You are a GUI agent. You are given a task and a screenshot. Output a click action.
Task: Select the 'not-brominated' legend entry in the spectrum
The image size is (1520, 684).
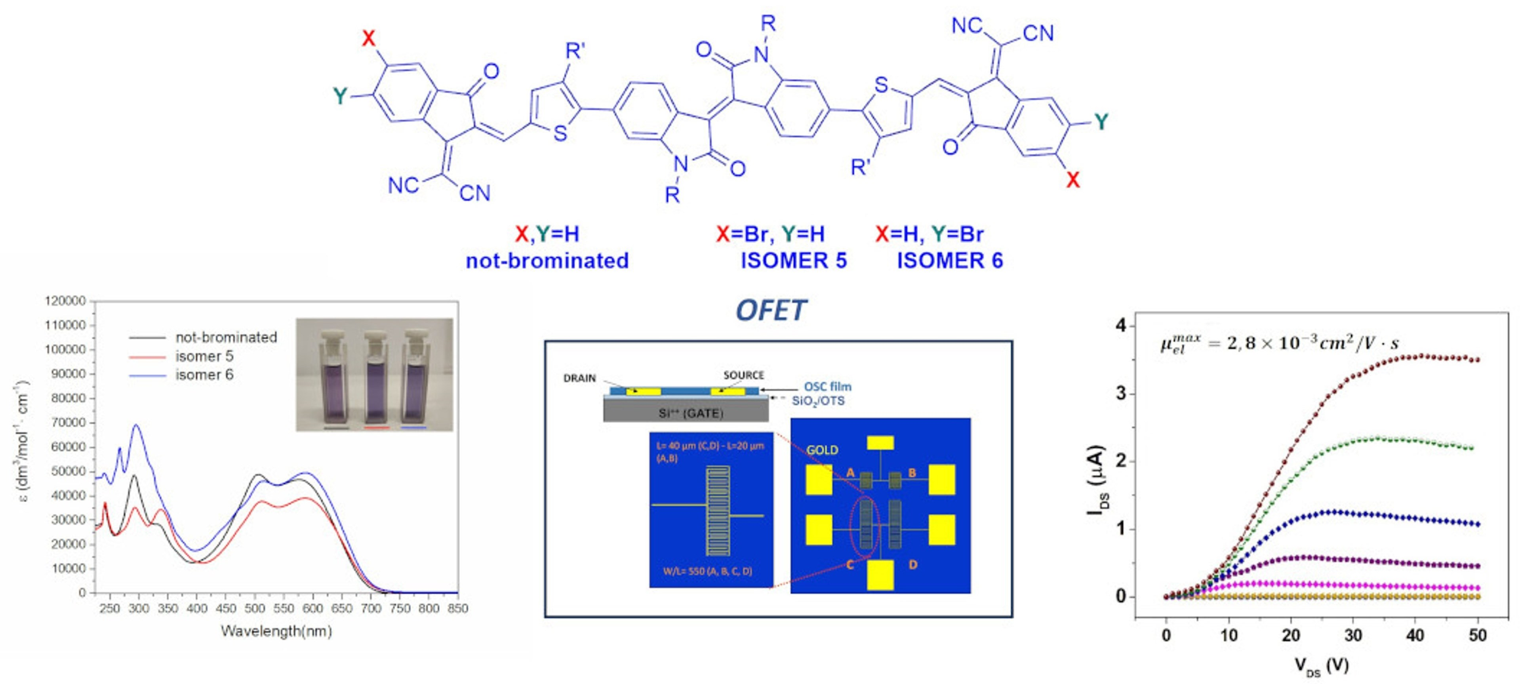click(226, 337)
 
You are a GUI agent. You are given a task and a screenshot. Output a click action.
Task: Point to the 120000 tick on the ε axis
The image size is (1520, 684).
click(65, 301)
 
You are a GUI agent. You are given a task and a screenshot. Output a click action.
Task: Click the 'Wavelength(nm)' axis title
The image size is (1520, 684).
click(276, 631)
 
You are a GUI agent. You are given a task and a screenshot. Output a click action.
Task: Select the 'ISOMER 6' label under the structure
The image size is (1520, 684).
click(949, 260)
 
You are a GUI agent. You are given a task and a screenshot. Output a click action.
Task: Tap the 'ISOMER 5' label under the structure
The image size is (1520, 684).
click(794, 260)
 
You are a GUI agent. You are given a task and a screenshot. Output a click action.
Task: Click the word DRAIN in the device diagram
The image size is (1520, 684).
click(579, 378)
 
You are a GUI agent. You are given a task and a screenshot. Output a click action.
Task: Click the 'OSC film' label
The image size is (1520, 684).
click(827, 387)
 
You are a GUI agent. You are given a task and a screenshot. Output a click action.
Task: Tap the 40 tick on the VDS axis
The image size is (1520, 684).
click(1415, 636)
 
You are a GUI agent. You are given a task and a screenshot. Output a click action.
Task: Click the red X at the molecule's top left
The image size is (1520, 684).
click(368, 39)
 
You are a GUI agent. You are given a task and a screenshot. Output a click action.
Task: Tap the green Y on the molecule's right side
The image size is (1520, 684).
click(1101, 122)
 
